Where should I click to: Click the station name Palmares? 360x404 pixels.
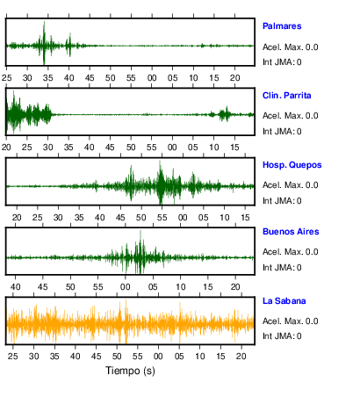(282, 26)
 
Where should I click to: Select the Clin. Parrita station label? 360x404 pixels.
(286, 96)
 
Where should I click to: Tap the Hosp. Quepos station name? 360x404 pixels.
(292, 165)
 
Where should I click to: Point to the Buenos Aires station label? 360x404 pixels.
(291, 232)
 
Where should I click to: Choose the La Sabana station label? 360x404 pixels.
(284, 301)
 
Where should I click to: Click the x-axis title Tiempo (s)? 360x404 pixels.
(130, 371)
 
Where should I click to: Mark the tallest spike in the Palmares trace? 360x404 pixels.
(44, 22)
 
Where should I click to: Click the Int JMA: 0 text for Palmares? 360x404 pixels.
(282, 62)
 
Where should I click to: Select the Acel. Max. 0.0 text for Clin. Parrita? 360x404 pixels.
(290, 116)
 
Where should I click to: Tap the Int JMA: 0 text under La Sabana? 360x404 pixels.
(282, 335)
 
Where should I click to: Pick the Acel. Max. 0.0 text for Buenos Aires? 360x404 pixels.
(290, 252)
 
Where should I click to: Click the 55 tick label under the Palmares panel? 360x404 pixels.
(131, 78)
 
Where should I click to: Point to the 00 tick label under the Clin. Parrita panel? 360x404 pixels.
(172, 148)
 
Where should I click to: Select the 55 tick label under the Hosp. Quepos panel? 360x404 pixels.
(162, 218)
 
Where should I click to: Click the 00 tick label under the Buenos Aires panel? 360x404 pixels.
(125, 287)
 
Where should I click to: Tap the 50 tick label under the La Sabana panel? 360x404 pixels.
(117, 357)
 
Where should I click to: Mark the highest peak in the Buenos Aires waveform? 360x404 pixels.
(140, 231)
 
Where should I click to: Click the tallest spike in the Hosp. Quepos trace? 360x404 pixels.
(160, 162)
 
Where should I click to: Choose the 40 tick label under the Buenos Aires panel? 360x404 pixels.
(15, 287)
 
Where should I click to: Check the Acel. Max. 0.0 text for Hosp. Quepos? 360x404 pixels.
(290, 185)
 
